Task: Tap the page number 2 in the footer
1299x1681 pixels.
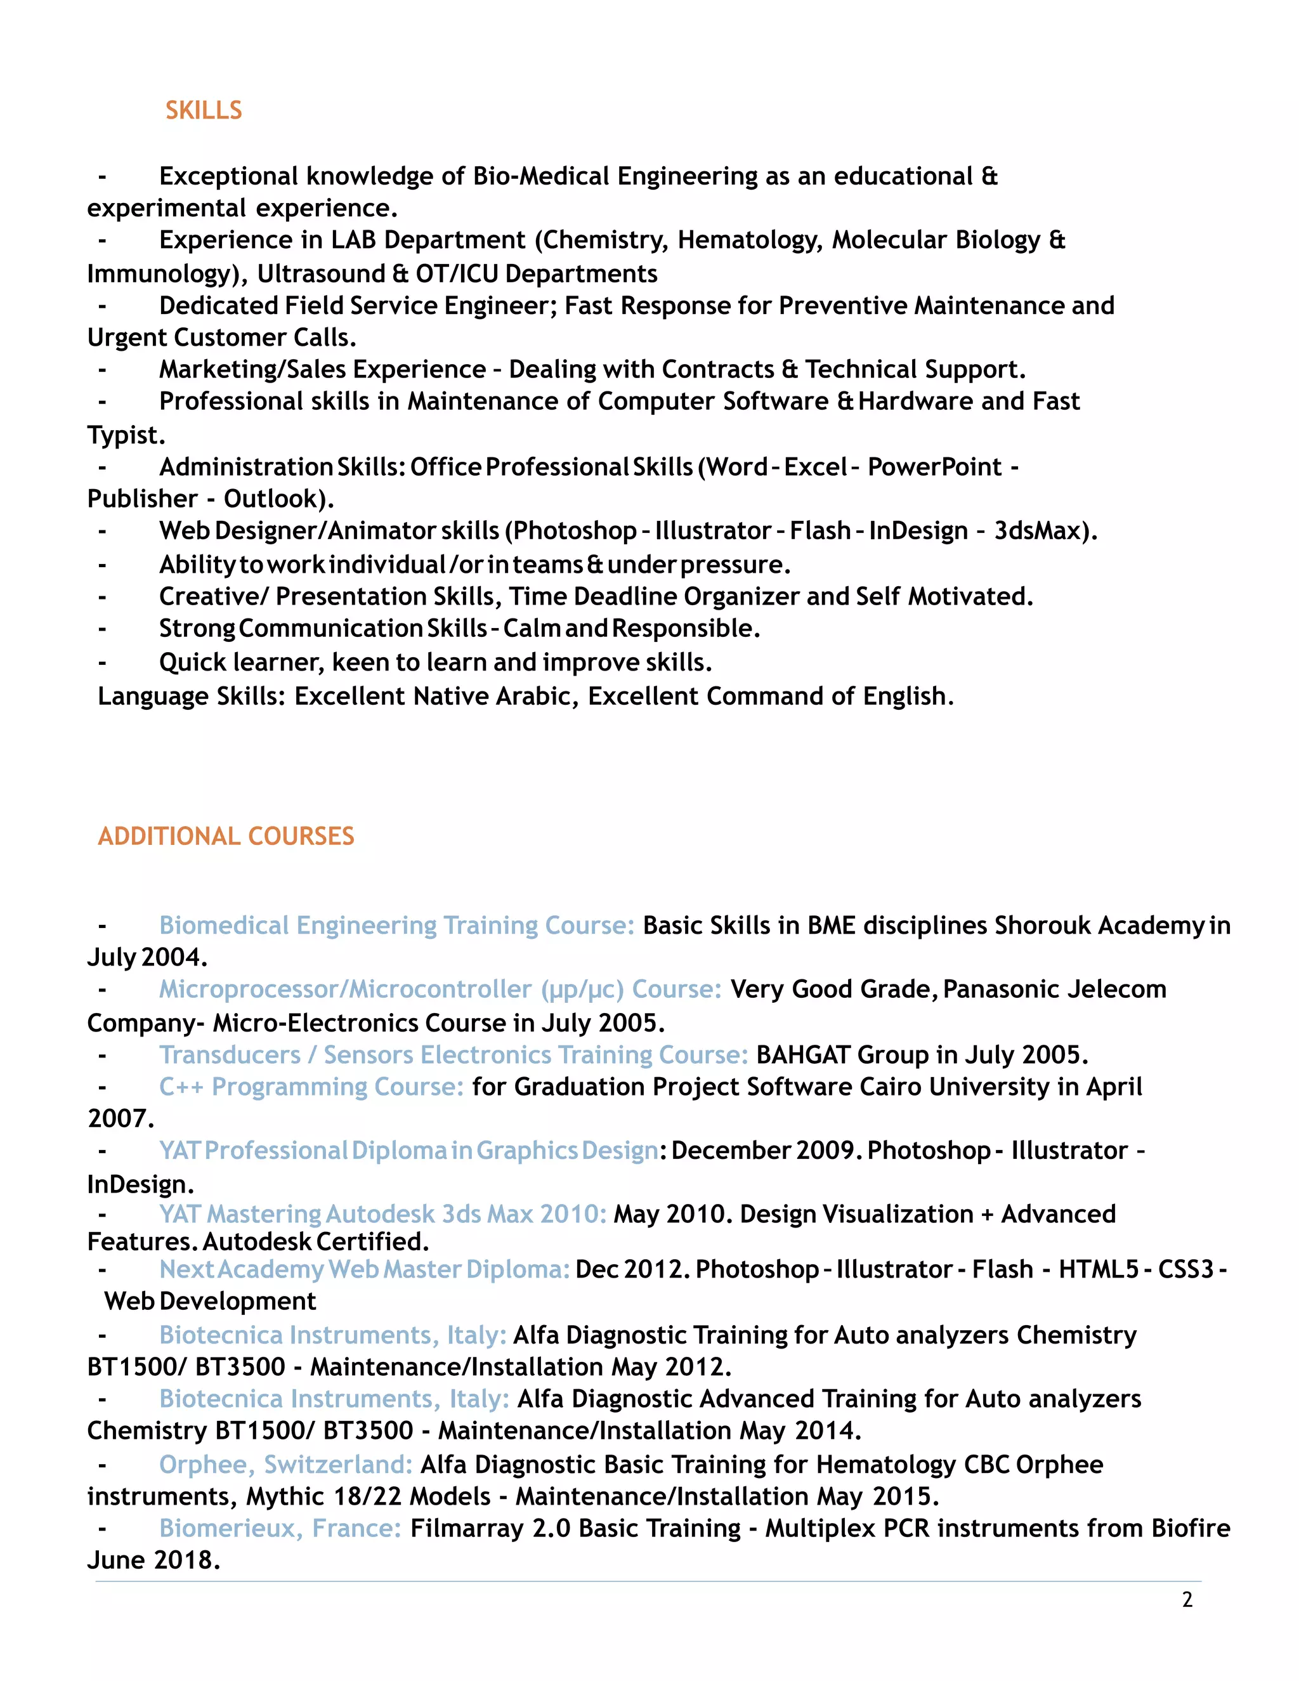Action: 1187,1599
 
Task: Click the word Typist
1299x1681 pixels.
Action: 126,435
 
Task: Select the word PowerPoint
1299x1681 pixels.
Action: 934,468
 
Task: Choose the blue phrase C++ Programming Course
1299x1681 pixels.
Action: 311,1087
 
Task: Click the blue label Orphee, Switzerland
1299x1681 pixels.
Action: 285,1464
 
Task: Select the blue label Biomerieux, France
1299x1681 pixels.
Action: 280,1528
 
